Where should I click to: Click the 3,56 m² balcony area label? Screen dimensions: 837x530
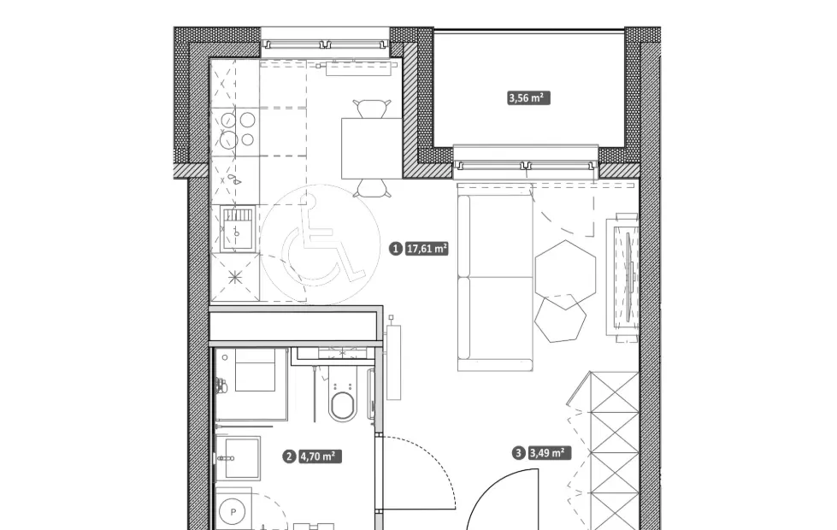click(x=528, y=97)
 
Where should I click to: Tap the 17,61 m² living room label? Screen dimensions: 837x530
click(x=427, y=248)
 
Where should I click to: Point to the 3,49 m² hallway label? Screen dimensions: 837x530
click(x=549, y=453)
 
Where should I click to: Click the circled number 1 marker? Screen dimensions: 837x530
click(x=396, y=248)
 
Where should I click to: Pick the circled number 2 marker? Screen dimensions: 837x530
click(x=289, y=456)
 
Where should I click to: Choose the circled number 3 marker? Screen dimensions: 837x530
click(x=518, y=453)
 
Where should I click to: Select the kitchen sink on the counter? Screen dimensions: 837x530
click(x=237, y=228)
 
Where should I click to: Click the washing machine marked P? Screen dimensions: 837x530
click(x=233, y=511)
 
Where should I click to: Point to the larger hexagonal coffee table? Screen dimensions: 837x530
click(x=565, y=274)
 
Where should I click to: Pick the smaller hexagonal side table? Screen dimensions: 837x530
click(x=560, y=319)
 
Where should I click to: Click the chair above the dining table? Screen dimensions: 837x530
click(x=372, y=109)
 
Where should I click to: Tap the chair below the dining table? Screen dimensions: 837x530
click(x=372, y=188)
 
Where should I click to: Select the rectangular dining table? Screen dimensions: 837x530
click(x=372, y=149)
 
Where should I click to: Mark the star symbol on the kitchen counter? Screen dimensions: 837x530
click(x=235, y=277)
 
